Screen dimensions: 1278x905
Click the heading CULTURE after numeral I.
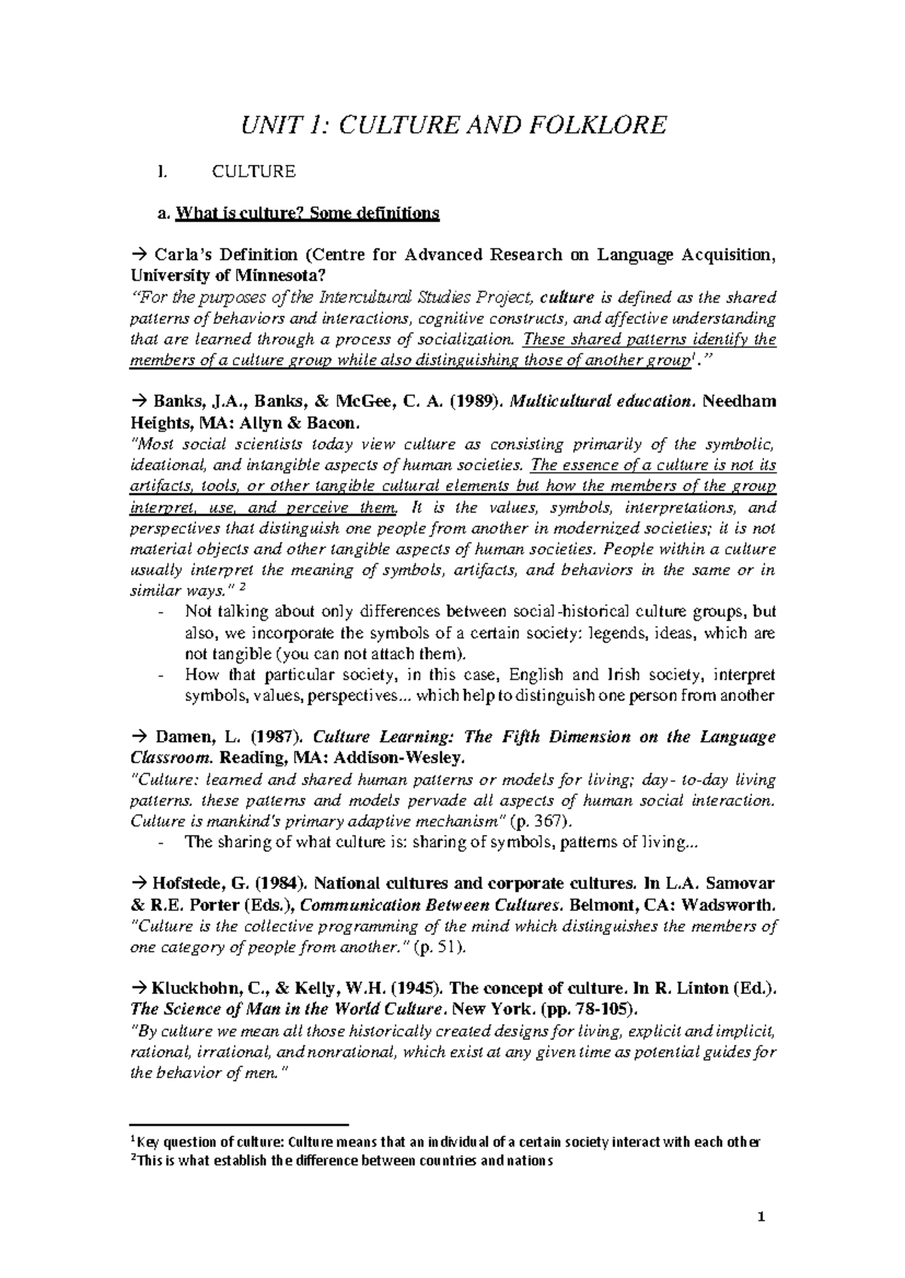click(x=253, y=172)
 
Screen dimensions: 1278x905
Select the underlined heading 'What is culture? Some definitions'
click(x=306, y=214)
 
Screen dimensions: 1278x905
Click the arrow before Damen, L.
click(x=139, y=737)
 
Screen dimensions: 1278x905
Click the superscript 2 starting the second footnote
click(x=133, y=1158)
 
